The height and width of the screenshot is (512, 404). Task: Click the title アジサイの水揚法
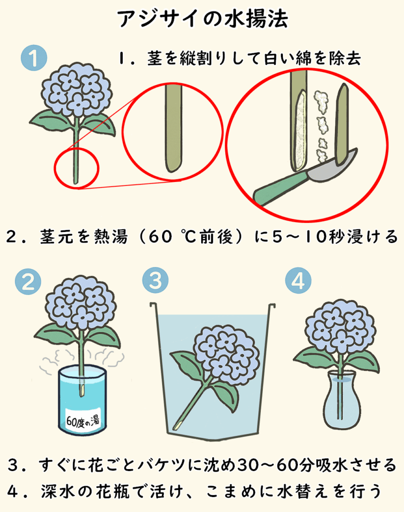click(x=202, y=18)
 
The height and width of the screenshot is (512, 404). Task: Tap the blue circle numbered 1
click(x=34, y=58)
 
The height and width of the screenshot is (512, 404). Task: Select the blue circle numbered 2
click(x=28, y=281)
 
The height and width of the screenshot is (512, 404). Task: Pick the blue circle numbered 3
click(x=156, y=280)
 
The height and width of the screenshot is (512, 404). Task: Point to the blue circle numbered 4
click(x=298, y=280)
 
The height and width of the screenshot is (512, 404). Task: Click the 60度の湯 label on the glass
click(x=83, y=420)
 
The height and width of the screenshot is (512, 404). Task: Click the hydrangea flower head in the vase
click(x=340, y=326)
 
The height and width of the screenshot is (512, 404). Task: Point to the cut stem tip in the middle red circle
click(x=173, y=168)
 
